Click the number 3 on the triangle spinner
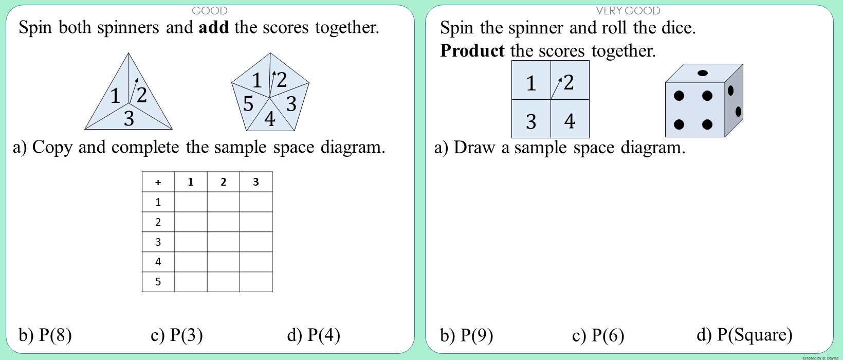pyautogui.click(x=129, y=119)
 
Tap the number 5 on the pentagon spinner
pyautogui.click(x=248, y=104)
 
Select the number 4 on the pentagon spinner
pyautogui.click(x=270, y=119)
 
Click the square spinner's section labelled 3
pyautogui.click(x=531, y=121)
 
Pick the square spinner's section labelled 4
pyautogui.click(x=570, y=121)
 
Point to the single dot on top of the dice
pyautogui.click(x=703, y=73)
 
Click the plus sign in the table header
pyautogui.click(x=158, y=182)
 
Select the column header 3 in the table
pyautogui.click(x=255, y=182)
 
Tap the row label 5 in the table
pyautogui.click(x=158, y=282)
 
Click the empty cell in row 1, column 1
pyautogui.click(x=191, y=202)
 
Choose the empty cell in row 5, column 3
pyautogui.click(x=255, y=282)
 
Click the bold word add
pyautogui.click(x=213, y=27)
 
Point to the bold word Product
pyautogui.click(x=472, y=51)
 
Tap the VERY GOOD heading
pyautogui.click(x=628, y=10)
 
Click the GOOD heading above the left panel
pyautogui.click(x=209, y=10)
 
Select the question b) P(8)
pyautogui.click(x=45, y=335)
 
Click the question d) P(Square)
pyautogui.click(x=744, y=335)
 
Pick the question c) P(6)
pyautogui.click(x=598, y=335)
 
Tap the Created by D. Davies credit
pyautogui.click(x=820, y=358)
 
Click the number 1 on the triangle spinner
pyautogui.click(x=115, y=96)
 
